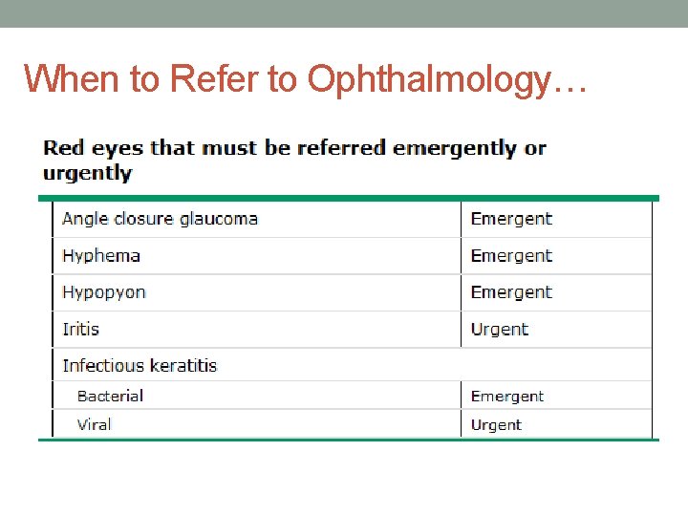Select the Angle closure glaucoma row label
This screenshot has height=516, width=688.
click(x=160, y=219)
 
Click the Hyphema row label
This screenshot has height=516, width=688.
click(x=101, y=256)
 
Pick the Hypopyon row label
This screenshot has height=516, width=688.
click(x=104, y=292)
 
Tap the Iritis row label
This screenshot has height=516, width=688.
click(x=80, y=330)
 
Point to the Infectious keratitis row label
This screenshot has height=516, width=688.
click(x=140, y=366)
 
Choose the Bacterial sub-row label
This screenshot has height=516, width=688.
click(x=110, y=397)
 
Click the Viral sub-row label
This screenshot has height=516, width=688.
click(x=94, y=425)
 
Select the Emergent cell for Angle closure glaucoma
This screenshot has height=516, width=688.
click(x=511, y=219)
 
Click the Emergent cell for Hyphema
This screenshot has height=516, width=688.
click(x=511, y=256)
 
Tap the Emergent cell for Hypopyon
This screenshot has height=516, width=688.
click(x=511, y=292)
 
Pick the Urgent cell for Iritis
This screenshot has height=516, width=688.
click(x=499, y=330)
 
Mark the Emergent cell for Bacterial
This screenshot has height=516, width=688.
click(x=507, y=397)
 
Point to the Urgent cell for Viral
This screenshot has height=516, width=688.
click(x=496, y=425)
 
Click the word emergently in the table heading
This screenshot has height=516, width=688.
click(x=456, y=148)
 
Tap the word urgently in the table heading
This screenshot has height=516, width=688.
click(x=87, y=173)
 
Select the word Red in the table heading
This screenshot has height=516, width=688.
click(x=63, y=148)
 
